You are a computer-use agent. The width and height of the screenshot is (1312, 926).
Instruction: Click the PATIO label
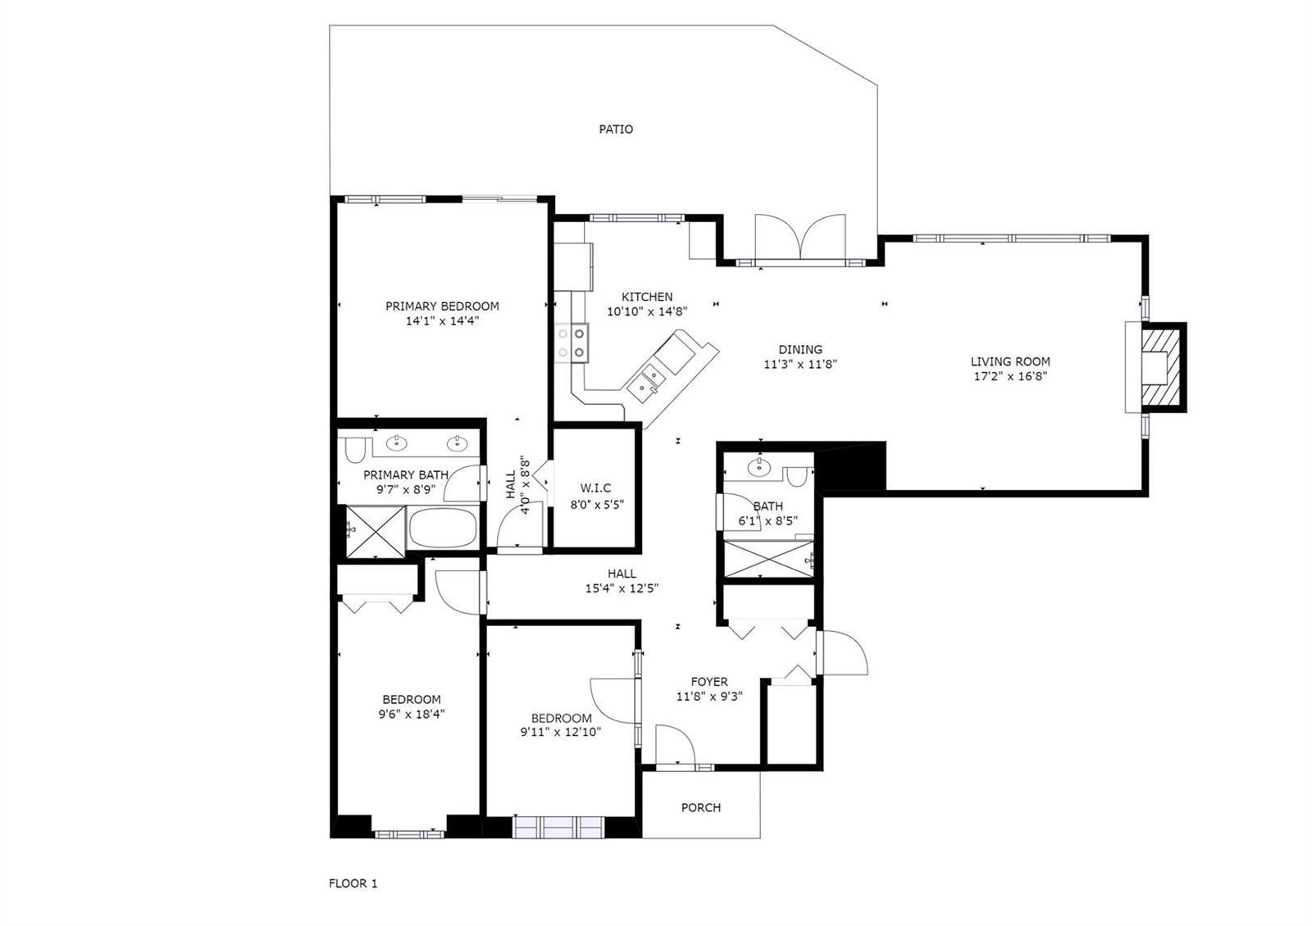[616, 129]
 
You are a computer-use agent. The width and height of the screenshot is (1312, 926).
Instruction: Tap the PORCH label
[700, 808]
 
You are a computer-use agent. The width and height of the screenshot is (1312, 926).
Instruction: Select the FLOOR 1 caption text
[353, 883]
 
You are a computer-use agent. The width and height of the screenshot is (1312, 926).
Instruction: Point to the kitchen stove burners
[572, 343]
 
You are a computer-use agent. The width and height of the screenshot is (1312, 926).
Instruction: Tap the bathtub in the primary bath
[444, 528]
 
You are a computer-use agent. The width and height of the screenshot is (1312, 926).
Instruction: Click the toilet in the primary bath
[355, 451]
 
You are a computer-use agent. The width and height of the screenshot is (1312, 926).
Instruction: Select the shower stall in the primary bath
[376, 532]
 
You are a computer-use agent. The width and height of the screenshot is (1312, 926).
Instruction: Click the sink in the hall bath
[759, 467]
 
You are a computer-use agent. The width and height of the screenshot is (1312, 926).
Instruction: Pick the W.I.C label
[595, 488]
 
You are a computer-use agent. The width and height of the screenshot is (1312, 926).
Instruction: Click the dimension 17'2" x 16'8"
[1010, 376]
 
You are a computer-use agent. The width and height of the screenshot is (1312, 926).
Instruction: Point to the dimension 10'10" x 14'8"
[647, 312]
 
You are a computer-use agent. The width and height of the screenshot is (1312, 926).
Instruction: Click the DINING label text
[800, 349]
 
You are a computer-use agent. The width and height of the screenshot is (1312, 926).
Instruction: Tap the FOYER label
[709, 682]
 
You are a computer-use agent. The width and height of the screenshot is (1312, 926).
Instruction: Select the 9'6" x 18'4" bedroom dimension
[412, 714]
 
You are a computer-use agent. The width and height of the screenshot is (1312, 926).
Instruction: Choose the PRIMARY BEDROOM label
[442, 306]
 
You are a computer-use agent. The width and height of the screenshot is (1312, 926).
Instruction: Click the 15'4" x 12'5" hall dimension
[622, 588]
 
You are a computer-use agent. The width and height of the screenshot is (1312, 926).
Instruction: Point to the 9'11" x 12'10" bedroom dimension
[561, 733]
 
